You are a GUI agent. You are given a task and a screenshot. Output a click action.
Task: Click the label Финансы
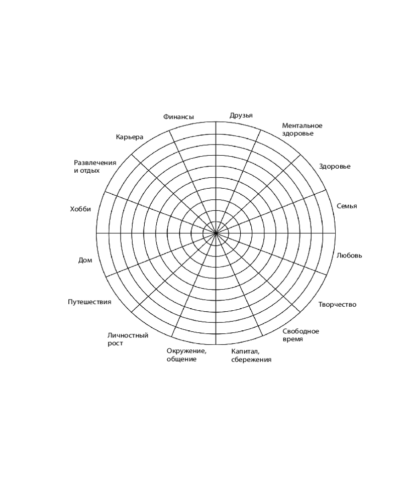pos(178,117)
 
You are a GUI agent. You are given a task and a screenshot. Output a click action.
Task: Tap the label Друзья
pos(241,115)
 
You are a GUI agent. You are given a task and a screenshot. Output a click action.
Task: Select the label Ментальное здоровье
pos(302,130)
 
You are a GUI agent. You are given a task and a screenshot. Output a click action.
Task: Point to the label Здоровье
pos(335,167)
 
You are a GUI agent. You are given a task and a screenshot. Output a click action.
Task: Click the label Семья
pos(347,206)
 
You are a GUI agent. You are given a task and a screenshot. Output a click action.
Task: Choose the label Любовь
pos(349,256)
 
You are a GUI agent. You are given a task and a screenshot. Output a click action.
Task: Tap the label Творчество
pos(337,305)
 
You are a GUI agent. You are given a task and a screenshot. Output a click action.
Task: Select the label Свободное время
pos(300,335)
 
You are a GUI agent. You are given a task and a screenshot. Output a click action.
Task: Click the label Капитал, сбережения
pos(251,355)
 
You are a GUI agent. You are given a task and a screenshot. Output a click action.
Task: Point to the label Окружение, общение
pos(186,355)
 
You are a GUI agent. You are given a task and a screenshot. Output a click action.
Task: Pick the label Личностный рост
pos(128,339)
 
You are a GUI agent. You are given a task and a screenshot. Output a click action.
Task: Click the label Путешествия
pos(89,302)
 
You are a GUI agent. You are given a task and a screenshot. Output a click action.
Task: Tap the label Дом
pos(85,260)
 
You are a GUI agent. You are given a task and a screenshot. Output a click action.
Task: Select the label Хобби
pos(80,209)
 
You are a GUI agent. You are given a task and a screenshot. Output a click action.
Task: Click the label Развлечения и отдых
pos(95,167)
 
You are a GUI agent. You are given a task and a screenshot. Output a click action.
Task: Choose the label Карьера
pos(130,137)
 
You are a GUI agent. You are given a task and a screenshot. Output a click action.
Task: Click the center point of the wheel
pos(216,233)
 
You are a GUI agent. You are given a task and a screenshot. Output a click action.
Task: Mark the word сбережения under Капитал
pos(251,359)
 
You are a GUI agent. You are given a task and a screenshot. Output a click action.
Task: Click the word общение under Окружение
pos(181,359)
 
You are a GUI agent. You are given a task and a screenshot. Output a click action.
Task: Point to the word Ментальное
pos(302,125)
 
